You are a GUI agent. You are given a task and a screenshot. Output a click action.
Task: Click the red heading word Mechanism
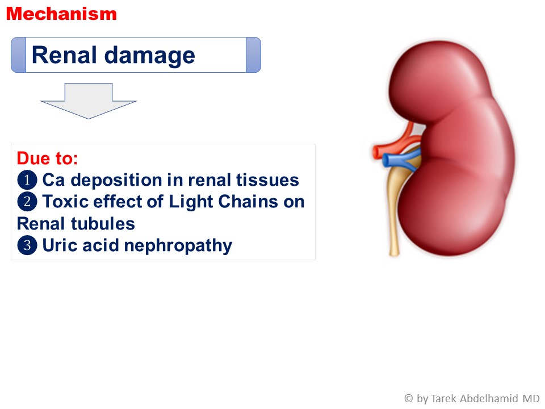pyautogui.click(x=61, y=14)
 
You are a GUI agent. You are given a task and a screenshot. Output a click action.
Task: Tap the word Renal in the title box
pyautogui.click(x=64, y=55)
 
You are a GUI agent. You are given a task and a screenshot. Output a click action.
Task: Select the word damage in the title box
pyautogui.click(x=150, y=56)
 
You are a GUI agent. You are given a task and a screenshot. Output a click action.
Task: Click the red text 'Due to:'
pyautogui.click(x=47, y=158)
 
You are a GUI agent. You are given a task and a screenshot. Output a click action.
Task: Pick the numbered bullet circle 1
pyautogui.click(x=27, y=180)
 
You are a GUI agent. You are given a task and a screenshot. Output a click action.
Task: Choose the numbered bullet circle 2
pyautogui.click(x=27, y=202)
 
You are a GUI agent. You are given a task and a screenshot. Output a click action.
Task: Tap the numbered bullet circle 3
pyautogui.click(x=27, y=245)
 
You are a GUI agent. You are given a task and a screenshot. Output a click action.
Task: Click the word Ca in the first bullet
pyautogui.click(x=53, y=180)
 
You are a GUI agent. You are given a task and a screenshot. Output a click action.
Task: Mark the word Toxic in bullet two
pyautogui.click(x=65, y=202)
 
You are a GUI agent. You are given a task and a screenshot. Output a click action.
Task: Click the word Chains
pyautogui.click(x=248, y=202)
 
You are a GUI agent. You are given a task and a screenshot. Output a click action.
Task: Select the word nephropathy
pyautogui.click(x=178, y=247)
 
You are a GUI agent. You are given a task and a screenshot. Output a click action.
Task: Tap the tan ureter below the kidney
pyautogui.click(x=396, y=208)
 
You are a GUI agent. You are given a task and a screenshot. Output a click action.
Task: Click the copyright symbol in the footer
pyautogui.click(x=409, y=398)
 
